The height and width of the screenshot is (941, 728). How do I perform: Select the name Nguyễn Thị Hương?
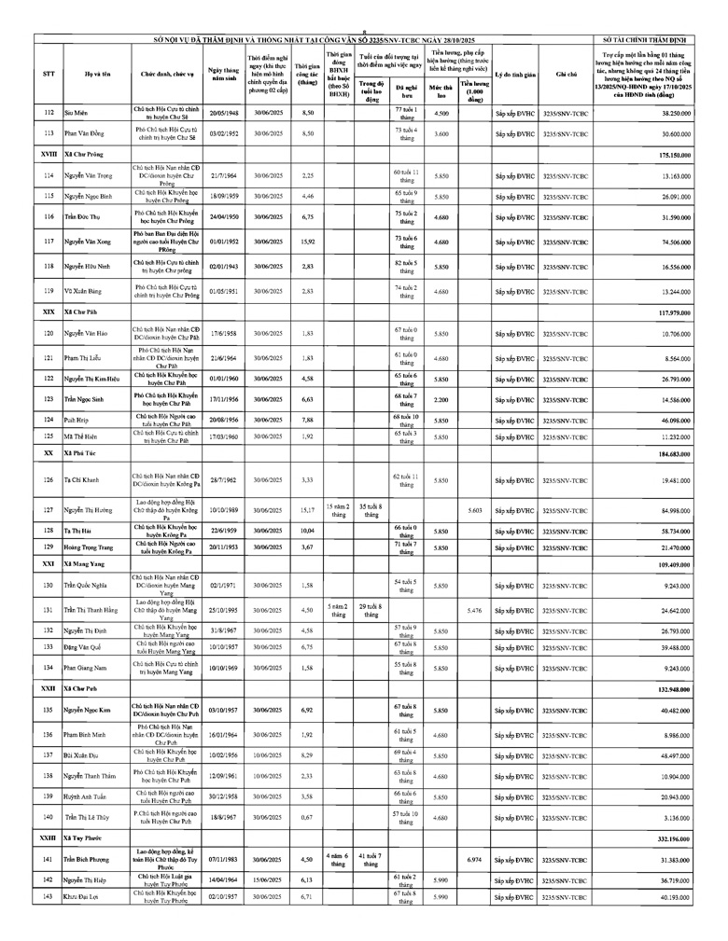[x=88, y=510]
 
